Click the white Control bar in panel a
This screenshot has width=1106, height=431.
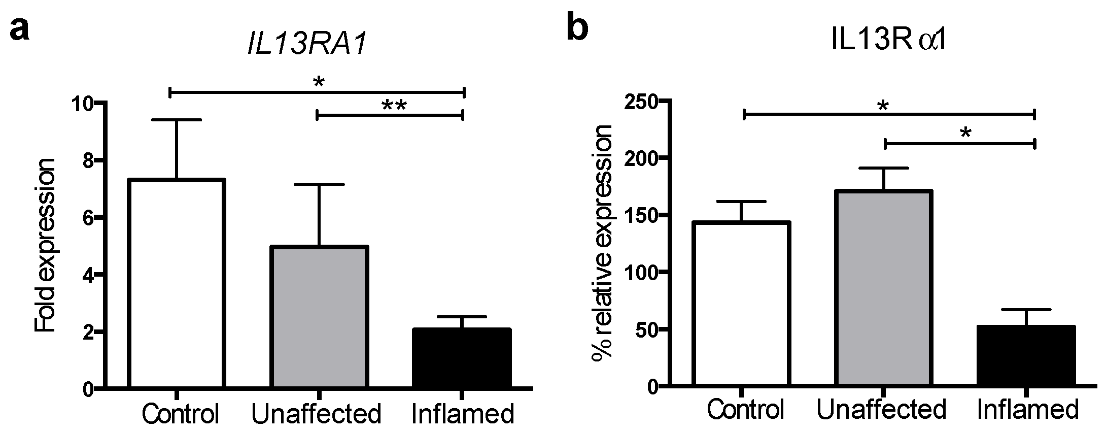[177, 284]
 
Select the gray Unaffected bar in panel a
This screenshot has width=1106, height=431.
[319, 317]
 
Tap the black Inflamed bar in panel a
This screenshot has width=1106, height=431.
[461, 358]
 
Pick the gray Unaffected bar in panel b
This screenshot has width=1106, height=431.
[883, 289]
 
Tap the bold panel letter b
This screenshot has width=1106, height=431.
[578, 28]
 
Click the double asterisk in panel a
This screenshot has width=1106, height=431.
[394, 106]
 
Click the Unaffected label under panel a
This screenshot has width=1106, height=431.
[316, 414]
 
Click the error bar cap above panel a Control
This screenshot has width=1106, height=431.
[177, 120]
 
